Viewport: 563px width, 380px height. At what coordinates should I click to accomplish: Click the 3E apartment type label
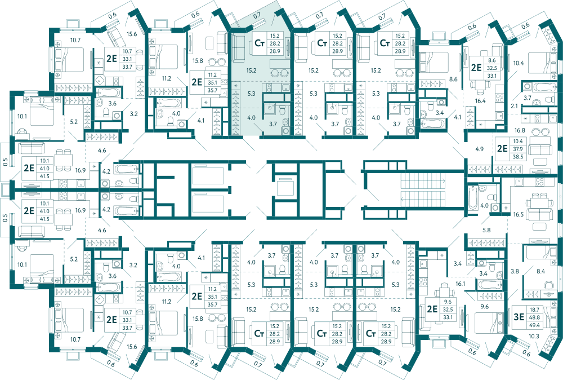coord(519,317)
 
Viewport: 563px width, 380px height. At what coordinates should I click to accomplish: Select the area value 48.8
coord(534,317)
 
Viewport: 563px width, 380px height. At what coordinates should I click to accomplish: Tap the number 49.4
coord(534,325)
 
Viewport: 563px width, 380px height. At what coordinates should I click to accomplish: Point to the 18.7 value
coord(534,310)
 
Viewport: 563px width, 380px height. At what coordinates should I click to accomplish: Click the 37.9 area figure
coord(518,149)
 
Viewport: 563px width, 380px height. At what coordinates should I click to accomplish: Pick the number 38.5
coord(518,157)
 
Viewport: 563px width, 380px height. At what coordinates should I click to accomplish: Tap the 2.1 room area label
coord(514,106)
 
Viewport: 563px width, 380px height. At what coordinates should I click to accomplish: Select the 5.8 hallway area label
coord(486,230)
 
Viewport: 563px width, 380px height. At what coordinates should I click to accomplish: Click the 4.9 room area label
coord(479,149)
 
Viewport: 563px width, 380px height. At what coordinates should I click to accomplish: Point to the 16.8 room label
coord(520,130)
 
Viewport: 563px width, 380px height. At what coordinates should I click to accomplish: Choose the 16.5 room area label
coord(518,214)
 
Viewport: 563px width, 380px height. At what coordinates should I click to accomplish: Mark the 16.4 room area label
coord(480,101)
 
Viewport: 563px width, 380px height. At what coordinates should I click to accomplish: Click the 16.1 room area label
coord(461,284)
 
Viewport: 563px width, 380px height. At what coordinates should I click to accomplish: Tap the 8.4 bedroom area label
coord(540,271)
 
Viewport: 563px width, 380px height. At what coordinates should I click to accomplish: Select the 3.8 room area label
coord(515,271)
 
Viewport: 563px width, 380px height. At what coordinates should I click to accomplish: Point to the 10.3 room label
coord(534,336)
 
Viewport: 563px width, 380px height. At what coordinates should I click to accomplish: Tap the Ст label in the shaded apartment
coord(259,43)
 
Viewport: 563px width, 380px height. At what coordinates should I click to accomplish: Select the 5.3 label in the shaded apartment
coord(251,94)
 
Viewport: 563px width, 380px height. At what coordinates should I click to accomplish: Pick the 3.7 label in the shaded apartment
coord(273,124)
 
